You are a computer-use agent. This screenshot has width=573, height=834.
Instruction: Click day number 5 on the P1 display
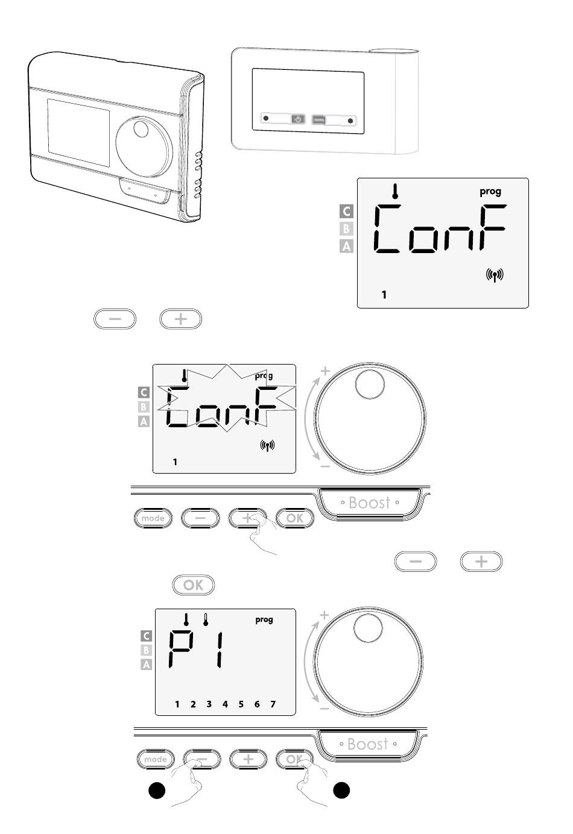pos(241,704)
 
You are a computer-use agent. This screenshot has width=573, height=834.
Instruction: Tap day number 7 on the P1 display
pos(273,704)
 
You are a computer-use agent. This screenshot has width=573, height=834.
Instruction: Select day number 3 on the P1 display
pos(209,704)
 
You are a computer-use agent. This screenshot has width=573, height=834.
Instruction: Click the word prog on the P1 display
pos(264,619)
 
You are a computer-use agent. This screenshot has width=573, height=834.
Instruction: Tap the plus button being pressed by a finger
pos(248,518)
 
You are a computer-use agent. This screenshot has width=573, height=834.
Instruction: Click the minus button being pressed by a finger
pos(202,759)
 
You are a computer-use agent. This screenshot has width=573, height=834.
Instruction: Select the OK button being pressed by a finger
pos(295,759)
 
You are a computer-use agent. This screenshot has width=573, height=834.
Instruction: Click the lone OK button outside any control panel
pos(194,585)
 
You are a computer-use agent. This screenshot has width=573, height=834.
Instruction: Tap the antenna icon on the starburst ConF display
pos(267,445)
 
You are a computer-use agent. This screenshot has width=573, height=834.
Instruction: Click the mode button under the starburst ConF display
pos(153,518)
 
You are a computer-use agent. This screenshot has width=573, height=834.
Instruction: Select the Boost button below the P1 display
pos(367,744)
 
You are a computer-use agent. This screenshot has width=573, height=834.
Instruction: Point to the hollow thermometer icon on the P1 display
pos(205,619)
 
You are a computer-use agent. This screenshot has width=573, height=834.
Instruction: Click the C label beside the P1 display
pos(146,636)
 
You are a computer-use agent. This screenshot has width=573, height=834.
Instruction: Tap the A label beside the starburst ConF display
pos(144,422)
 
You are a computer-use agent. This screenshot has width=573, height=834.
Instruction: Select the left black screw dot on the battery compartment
pos(265,118)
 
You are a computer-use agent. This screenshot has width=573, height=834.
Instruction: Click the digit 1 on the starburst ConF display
pos(175,462)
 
